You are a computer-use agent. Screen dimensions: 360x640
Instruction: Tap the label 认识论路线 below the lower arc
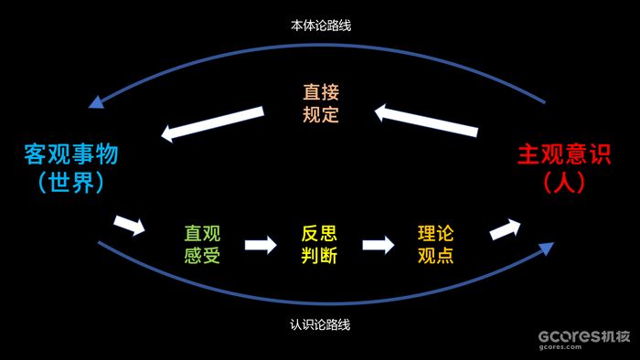(x=320, y=324)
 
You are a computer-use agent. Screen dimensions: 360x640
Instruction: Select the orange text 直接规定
(x=321, y=103)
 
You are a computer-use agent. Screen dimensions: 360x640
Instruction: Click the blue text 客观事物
(x=71, y=154)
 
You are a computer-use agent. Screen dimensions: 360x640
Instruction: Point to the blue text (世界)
(x=71, y=183)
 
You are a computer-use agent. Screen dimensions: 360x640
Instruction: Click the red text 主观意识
(x=564, y=154)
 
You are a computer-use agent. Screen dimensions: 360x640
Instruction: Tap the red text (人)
(x=564, y=183)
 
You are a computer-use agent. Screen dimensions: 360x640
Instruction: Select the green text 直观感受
(x=202, y=244)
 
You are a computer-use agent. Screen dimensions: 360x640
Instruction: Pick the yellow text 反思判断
(x=319, y=244)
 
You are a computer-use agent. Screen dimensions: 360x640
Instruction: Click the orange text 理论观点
(x=435, y=244)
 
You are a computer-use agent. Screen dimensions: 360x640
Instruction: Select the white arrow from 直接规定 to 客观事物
(x=212, y=123)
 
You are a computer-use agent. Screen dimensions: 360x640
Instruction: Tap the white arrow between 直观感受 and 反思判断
(x=261, y=245)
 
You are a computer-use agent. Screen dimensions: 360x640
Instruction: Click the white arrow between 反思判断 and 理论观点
(x=378, y=245)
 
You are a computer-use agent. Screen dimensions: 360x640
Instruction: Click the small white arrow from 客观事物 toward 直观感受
(x=130, y=225)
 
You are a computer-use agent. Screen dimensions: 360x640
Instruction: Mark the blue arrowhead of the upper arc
(x=96, y=101)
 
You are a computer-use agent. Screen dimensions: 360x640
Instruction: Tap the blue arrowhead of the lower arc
(x=546, y=248)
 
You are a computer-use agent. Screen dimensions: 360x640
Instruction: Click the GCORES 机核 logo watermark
(x=583, y=335)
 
